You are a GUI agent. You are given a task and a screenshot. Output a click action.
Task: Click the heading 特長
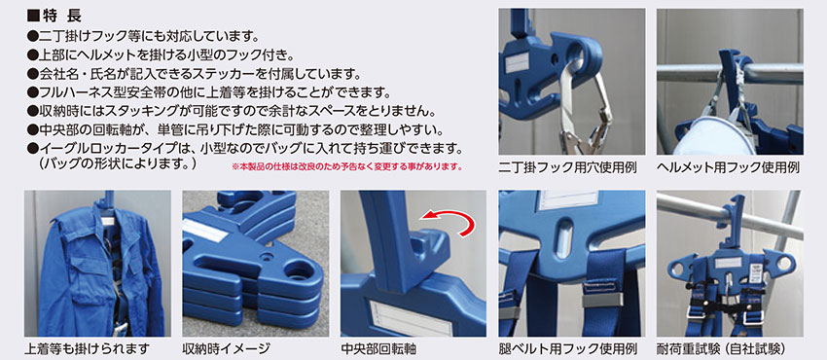tap(54, 16)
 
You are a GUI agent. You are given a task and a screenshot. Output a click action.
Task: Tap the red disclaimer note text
tap(347, 167)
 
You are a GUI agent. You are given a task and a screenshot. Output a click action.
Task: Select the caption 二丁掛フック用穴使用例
tap(568, 168)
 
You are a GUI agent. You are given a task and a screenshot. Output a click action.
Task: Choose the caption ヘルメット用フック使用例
tap(729, 168)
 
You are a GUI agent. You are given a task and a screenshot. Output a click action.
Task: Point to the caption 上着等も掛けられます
tap(87, 349)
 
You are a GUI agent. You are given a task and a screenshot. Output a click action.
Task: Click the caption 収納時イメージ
tap(227, 349)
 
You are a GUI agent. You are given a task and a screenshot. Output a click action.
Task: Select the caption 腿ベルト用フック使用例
tap(568, 349)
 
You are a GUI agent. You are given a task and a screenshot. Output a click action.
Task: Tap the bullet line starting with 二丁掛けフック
tap(143, 37)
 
